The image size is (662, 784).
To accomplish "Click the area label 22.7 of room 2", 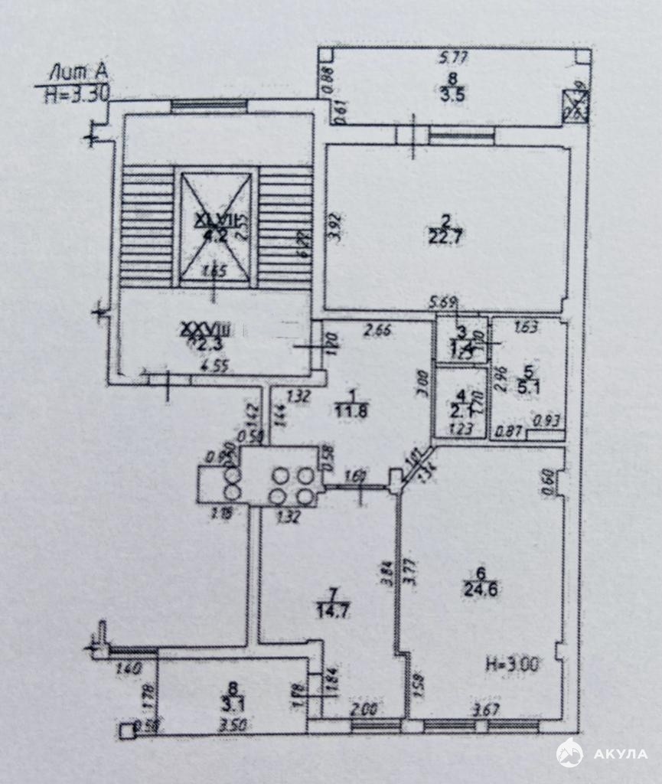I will pos(448,237).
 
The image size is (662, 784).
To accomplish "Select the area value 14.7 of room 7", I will pos(330,610).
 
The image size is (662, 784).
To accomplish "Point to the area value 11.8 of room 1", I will pos(352,409).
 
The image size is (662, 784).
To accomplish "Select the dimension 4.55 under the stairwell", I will pos(214,365).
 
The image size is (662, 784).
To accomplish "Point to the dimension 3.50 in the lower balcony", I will pos(230,724).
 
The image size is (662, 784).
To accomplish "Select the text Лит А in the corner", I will pos(77,73).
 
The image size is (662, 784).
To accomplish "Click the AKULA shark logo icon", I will pos(570,753).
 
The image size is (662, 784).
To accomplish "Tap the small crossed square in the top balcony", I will pos(576,105).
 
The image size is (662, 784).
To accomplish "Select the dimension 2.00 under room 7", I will pos(365,710).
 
